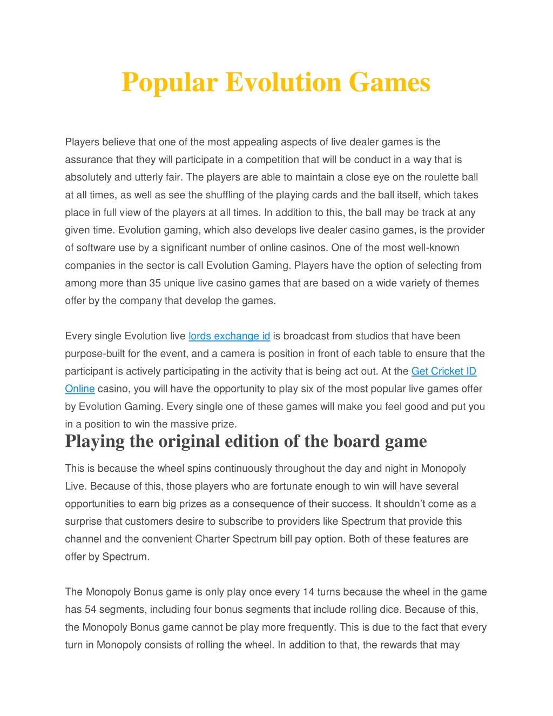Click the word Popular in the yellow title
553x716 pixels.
click(170, 83)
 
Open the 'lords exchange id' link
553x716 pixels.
click(229, 336)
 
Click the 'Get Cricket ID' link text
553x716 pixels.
click(443, 371)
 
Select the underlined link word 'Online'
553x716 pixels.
click(79, 389)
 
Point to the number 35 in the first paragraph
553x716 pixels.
click(155, 283)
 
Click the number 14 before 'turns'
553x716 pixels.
click(308, 592)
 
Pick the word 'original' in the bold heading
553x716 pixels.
click(188, 441)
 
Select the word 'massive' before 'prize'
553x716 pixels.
click(183, 424)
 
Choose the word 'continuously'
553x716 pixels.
click(243, 469)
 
